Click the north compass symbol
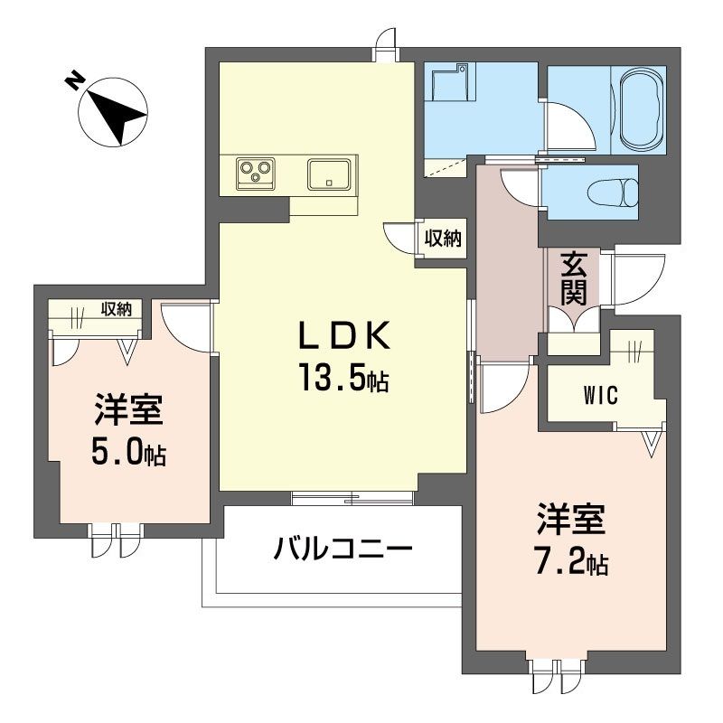113,110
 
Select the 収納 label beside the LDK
443,239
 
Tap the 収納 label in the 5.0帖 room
117,309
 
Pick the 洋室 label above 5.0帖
127,412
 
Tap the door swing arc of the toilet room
519,186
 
